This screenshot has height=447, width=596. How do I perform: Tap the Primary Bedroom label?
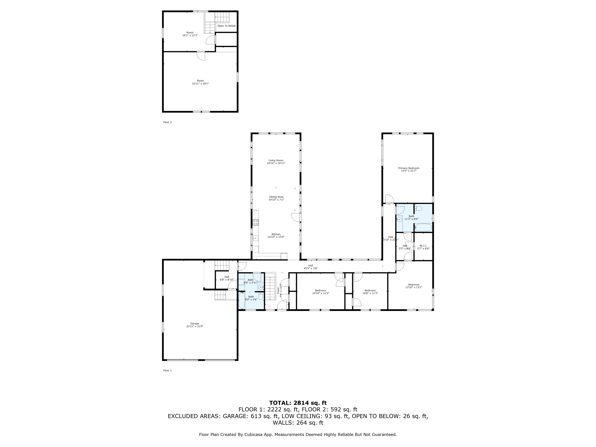[x=408, y=168]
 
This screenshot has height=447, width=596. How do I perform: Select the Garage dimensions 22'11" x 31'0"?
[x=194, y=326]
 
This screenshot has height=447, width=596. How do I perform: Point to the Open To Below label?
[x=226, y=26]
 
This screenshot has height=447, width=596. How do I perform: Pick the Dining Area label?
[x=276, y=197]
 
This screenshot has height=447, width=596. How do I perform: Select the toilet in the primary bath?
[x=418, y=208]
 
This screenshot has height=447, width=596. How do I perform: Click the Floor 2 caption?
[x=167, y=122]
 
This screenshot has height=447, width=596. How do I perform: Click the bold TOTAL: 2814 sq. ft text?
[x=298, y=403]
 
